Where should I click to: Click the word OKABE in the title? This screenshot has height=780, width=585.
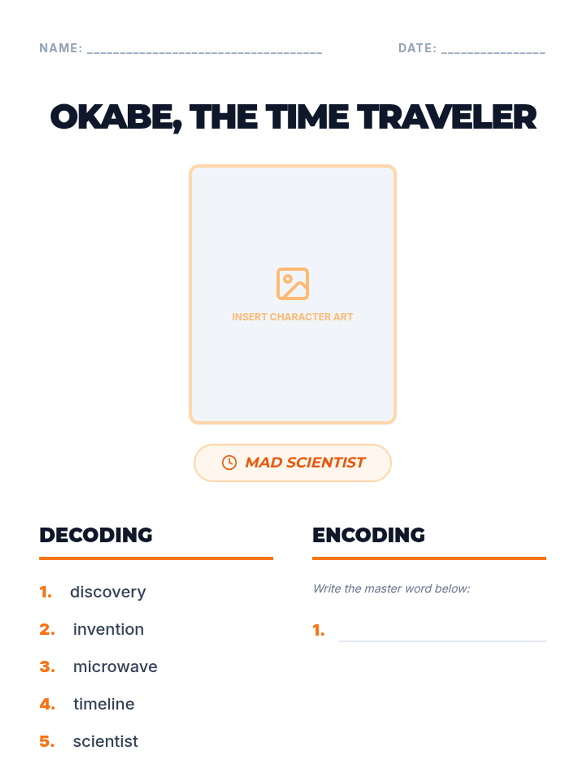coord(116,117)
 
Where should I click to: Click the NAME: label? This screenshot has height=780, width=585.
coord(61,48)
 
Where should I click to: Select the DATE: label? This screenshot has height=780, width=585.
coord(417,48)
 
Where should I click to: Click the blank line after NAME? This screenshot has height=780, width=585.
coord(205,53)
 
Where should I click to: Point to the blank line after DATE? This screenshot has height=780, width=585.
coord(493,53)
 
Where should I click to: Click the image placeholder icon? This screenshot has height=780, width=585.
coord(292,284)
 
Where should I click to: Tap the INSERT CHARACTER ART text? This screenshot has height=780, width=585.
coord(292,316)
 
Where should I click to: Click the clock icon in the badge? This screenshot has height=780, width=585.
coord(229,463)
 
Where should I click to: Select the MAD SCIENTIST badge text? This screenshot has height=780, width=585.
coord(305,462)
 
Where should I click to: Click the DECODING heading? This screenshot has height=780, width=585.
coord(96,535)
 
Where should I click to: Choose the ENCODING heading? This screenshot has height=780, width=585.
coord(369,535)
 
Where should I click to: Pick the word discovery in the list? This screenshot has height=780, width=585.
coord(108,592)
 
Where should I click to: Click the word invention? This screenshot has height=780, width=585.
coord(109,629)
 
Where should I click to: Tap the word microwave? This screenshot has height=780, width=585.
coord(115,666)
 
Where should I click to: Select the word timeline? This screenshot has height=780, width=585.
coord(104,704)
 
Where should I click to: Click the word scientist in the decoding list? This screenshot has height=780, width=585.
coord(105,741)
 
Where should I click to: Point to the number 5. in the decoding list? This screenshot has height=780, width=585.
coord(47,741)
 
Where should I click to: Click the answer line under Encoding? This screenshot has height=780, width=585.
coord(443,641)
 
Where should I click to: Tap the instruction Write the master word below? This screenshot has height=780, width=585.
coord(391,589)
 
